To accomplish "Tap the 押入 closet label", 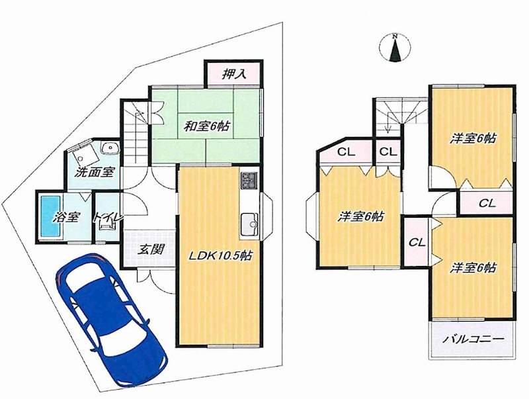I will [x=233, y=73].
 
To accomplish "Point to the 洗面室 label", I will [x=95, y=172].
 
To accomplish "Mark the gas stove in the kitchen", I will [x=249, y=179].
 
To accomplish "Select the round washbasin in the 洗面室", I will [x=108, y=148].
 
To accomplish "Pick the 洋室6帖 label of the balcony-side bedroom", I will [x=473, y=267].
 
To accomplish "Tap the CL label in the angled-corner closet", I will [x=346, y=152].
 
